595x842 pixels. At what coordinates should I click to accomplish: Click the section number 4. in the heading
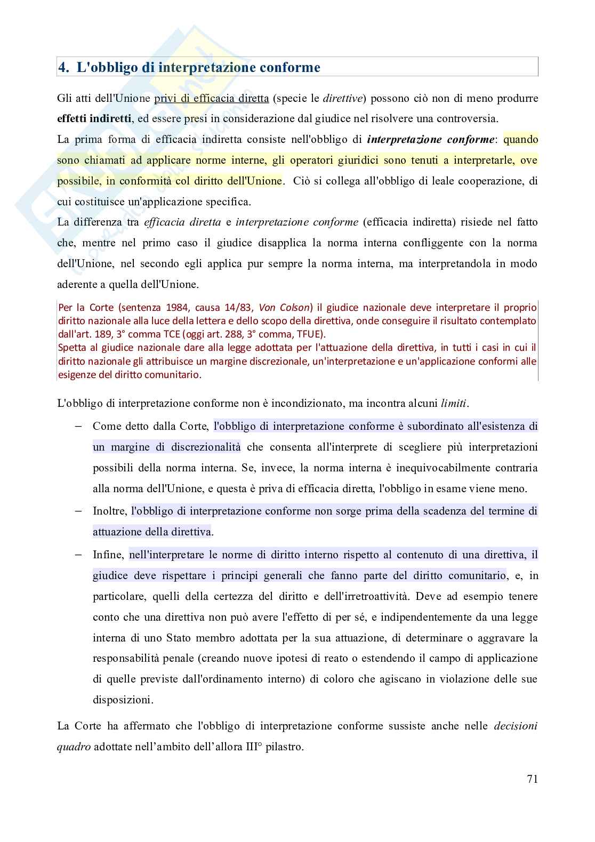[64, 68]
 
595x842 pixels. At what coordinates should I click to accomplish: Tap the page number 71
[532, 779]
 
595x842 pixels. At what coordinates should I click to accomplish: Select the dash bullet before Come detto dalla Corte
[78, 426]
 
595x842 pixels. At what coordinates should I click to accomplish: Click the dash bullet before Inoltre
[78, 511]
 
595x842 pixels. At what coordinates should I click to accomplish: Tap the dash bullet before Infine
[78, 555]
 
